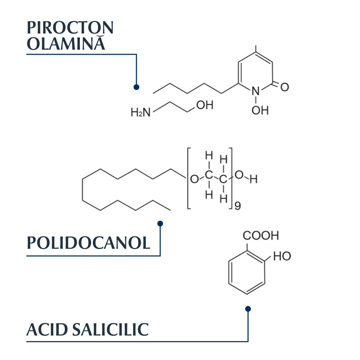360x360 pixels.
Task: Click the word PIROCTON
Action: [x=70, y=28]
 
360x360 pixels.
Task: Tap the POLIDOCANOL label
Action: [x=89, y=243]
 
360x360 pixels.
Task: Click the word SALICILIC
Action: [x=111, y=330]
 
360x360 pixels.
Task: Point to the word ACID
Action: [x=47, y=330]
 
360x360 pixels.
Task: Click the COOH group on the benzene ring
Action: [x=261, y=235]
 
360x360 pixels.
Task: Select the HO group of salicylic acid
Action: [x=282, y=256]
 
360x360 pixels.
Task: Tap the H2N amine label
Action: [x=140, y=112]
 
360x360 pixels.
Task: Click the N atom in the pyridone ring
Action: [x=256, y=91]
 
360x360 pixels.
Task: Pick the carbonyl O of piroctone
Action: [x=285, y=87]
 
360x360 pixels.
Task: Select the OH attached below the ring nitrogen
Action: [x=260, y=110]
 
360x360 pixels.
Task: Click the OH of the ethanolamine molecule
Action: [x=205, y=105]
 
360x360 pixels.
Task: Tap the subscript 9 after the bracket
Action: [x=238, y=206]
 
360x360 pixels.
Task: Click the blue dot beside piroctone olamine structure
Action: [x=136, y=87]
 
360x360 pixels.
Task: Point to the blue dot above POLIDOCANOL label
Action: [x=160, y=224]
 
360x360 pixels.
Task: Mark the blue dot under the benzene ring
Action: [x=248, y=309]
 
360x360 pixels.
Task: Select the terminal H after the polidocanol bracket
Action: [x=253, y=179]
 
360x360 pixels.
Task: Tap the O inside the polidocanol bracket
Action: [x=194, y=179]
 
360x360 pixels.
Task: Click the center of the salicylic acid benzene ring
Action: [x=247, y=272]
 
